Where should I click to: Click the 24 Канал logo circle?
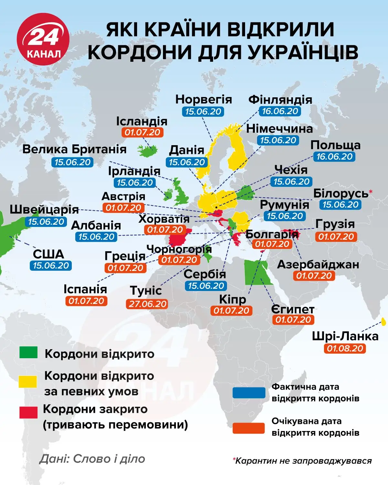coord(43,39)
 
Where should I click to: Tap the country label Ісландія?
coord(142,121)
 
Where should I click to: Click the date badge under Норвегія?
coord(203,112)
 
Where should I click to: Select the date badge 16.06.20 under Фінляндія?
coord(280,111)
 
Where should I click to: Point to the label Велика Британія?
coord(74,149)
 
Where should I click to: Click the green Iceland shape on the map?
coord(147,150)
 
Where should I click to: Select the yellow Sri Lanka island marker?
coord(383,322)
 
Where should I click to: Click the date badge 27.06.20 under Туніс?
coord(147,304)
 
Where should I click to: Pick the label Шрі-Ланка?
coord(345,336)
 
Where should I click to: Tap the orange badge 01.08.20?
coord(345,349)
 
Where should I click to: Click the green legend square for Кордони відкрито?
coord(28,353)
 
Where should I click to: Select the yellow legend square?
coord(28,381)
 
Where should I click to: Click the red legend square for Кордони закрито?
coord(28,413)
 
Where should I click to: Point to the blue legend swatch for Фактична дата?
coord(249,393)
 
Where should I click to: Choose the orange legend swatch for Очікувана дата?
coord(249,427)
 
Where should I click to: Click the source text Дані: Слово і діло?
coord(92,458)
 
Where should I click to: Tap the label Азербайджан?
coord(318,264)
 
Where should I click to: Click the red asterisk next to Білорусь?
coord(371,192)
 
